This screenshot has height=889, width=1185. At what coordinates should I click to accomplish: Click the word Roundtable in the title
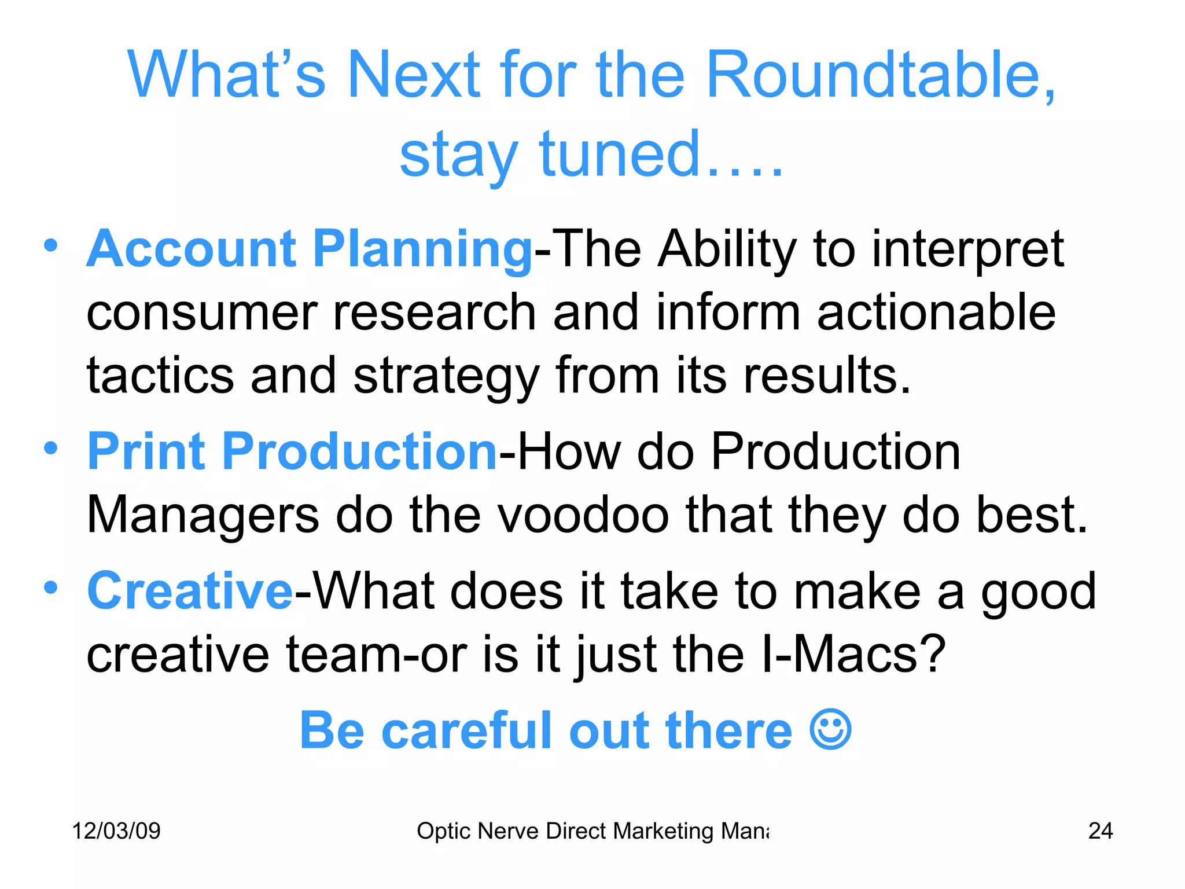(880, 75)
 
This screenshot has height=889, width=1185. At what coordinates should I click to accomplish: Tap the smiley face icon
(830, 730)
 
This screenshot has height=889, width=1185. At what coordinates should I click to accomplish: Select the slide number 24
(1100, 831)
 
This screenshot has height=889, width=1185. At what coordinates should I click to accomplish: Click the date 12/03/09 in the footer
(116, 831)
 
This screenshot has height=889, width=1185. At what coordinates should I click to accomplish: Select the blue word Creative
(190, 591)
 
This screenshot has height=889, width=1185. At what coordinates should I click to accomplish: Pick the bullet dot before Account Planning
(51, 245)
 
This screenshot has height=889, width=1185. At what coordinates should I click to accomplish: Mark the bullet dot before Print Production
(51, 448)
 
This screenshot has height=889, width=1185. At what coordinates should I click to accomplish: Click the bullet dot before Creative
(51, 587)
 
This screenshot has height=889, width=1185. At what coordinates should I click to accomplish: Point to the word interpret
(967, 250)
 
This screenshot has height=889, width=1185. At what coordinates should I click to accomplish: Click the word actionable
(936, 313)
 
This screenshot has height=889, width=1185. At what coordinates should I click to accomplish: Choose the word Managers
(203, 515)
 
